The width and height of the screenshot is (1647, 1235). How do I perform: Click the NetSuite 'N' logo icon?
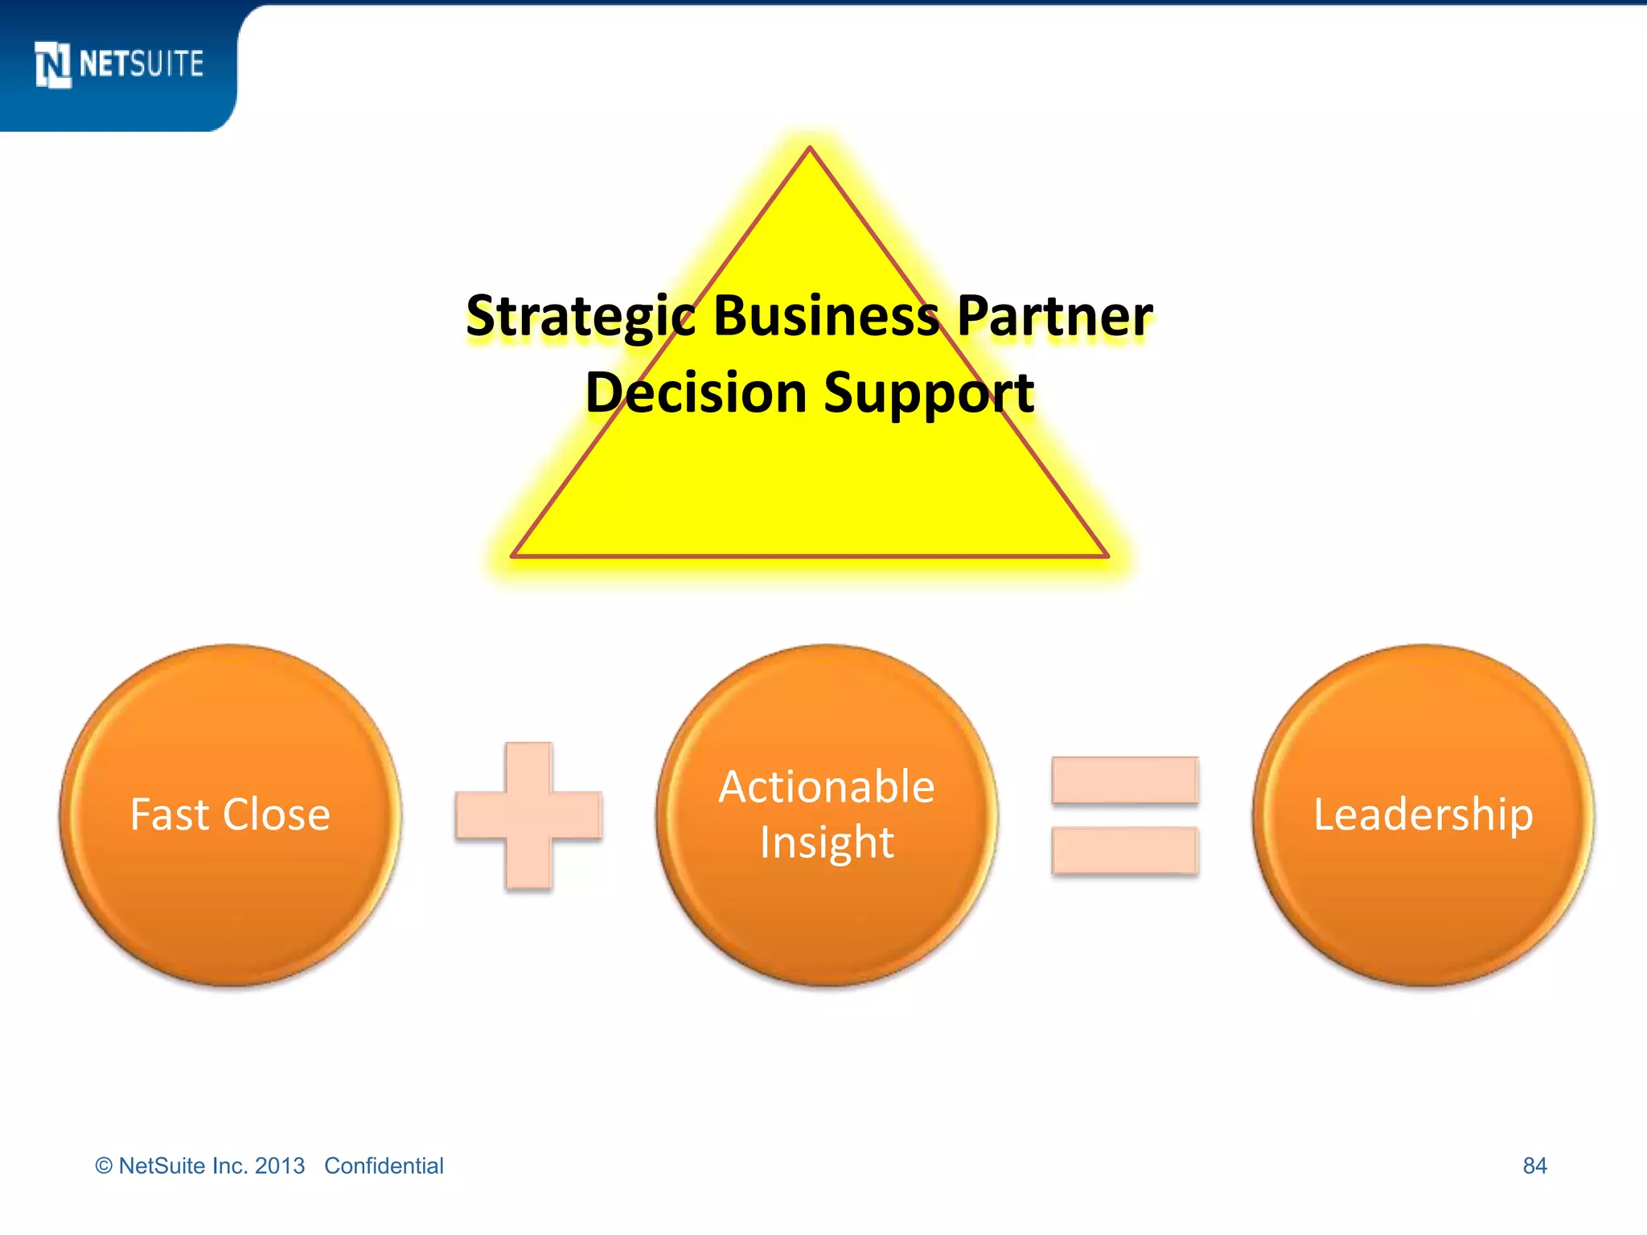tap(53, 64)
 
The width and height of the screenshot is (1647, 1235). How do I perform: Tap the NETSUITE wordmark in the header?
tap(142, 64)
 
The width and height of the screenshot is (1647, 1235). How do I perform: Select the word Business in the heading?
tap(826, 316)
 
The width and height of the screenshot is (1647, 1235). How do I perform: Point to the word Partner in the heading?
tap(1055, 316)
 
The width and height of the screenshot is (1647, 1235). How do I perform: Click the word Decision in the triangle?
tap(696, 393)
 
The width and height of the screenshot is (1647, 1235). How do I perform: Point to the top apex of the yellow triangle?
tap(810, 150)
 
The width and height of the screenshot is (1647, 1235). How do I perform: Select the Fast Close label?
tap(230, 814)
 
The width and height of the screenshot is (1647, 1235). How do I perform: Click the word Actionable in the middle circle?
tap(827, 786)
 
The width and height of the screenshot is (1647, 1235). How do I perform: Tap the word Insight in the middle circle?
tap(827, 843)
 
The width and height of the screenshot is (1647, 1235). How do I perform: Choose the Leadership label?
tap(1423, 814)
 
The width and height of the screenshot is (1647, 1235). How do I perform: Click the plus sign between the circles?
tap(528, 815)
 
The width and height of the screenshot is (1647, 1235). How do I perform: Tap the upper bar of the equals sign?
tap(1124, 780)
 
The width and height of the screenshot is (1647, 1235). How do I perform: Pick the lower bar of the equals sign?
tap(1124, 851)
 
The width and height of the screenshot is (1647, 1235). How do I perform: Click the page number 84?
tap(1534, 1166)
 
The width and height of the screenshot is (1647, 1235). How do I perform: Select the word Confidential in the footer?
tap(384, 1166)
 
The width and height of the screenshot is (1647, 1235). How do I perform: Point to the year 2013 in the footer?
tap(280, 1166)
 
